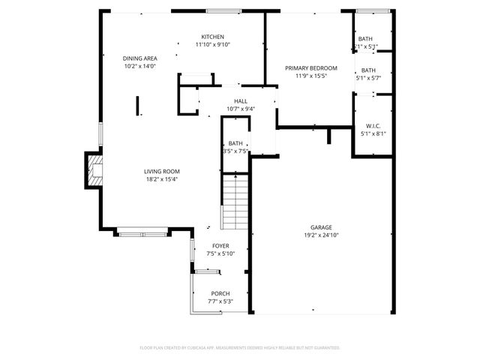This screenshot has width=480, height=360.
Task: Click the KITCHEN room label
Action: [212, 37]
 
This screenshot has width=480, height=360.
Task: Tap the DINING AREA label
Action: [139, 58]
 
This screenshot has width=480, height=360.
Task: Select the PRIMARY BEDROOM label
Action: [311, 68]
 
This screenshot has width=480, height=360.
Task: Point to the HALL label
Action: [241, 101]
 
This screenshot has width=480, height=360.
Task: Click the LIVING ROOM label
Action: [161, 172]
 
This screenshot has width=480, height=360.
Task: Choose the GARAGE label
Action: [322, 227]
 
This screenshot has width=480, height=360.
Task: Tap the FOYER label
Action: [220, 246]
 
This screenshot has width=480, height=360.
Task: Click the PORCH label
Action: [220, 293]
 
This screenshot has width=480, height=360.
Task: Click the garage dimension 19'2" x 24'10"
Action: [322, 235]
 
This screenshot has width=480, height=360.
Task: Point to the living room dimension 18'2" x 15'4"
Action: [161, 179]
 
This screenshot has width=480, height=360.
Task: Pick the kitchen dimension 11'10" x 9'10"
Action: [212, 44]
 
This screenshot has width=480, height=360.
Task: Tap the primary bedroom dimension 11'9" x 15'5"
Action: [311, 76]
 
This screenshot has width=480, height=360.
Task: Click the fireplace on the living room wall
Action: [94, 169]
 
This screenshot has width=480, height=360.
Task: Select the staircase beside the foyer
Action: [235, 201]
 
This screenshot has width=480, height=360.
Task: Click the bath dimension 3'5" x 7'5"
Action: [236, 151]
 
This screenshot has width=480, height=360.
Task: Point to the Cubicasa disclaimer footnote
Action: [240, 348]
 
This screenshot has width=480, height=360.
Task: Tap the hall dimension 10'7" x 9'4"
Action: [241, 109]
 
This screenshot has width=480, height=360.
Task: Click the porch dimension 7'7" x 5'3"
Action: [220, 301]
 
